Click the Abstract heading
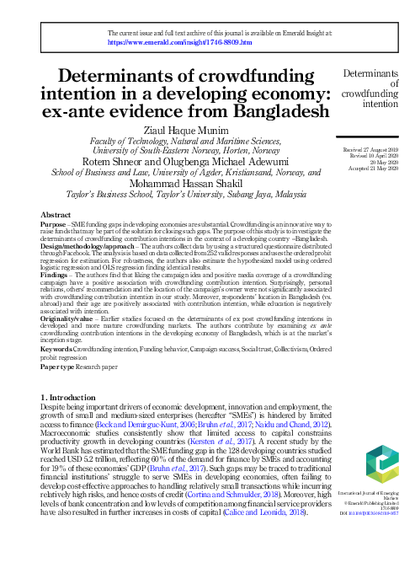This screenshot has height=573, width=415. tap(56, 216)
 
